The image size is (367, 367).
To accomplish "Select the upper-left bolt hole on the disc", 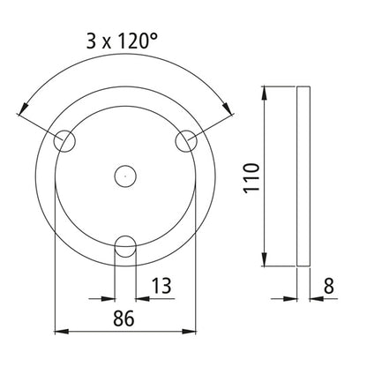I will [x=65, y=141].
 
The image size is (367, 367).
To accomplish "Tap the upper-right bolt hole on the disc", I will [x=186, y=140].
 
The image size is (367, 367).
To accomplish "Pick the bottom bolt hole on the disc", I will [x=125, y=246].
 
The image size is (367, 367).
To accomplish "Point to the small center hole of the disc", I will [x=125, y=176].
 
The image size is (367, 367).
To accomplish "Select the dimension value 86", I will [x=124, y=318].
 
